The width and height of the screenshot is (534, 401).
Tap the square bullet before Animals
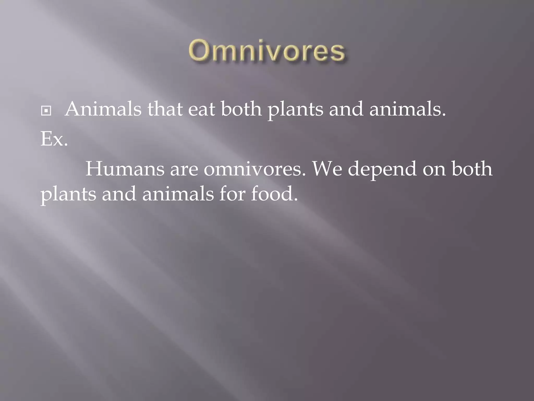tap(46, 111)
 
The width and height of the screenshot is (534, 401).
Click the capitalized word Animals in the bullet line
tap(103, 109)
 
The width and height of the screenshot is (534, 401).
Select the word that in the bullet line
tap(165, 109)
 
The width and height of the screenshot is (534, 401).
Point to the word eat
tap(201, 109)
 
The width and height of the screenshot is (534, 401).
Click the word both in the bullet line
tap(241, 109)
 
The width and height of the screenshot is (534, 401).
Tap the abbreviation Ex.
tap(54, 139)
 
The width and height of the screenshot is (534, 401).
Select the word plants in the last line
tap(68, 195)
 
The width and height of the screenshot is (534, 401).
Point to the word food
tap(274, 194)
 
